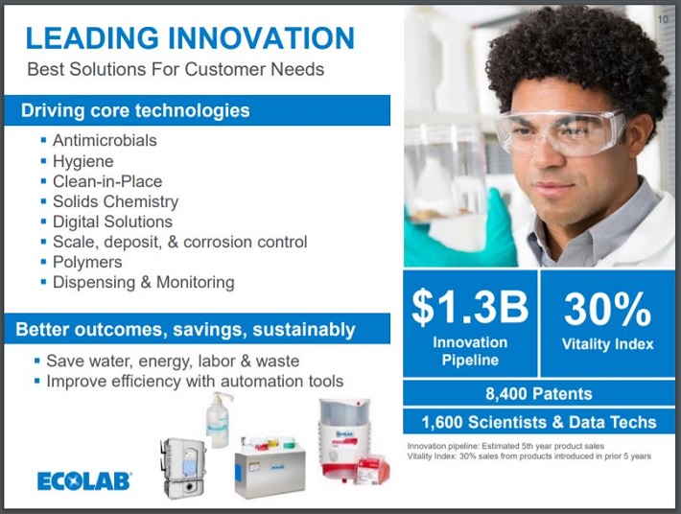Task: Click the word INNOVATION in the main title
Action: coord(262,37)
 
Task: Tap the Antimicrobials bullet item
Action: coord(105,141)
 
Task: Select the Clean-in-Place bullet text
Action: coord(107,181)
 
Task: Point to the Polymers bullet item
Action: coord(87,262)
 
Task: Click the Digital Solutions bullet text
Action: coord(112,222)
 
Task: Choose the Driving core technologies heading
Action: coord(135,110)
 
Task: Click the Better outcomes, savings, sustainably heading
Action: coord(185,329)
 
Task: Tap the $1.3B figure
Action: coord(470,307)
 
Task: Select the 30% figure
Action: coord(607,309)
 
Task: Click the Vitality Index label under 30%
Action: coord(607,344)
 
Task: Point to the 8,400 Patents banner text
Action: coord(539,394)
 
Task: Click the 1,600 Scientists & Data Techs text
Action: coord(539,422)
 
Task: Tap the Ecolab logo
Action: coord(84,481)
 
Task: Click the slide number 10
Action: coord(663,18)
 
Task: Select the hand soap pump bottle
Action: coord(218,420)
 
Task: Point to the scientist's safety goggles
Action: coord(561,133)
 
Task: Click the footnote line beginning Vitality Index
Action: coord(529,456)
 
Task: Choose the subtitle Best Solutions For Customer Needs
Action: coord(176,69)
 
